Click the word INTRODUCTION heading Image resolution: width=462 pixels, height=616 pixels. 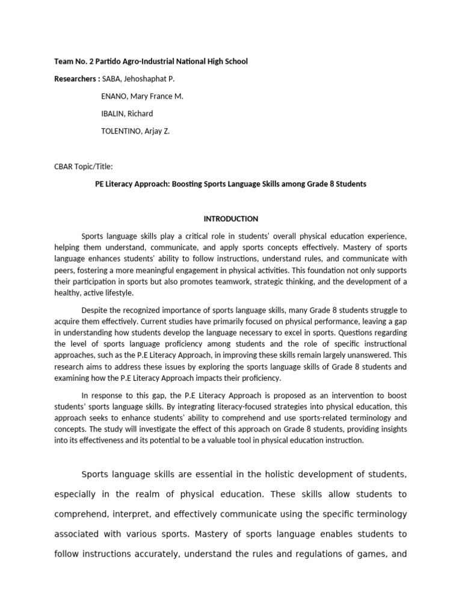(x=230, y=219)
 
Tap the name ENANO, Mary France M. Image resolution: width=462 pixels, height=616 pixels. (x=143, y=96)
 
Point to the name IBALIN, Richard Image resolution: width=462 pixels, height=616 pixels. (x=128, y=114)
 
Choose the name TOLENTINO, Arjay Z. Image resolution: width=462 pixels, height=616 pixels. (x=136, y=131)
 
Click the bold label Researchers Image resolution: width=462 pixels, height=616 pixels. (x=75, y=79)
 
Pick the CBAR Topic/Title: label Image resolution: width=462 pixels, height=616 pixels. (x=84, y=167)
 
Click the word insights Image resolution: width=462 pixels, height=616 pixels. (x=392, y=429)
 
